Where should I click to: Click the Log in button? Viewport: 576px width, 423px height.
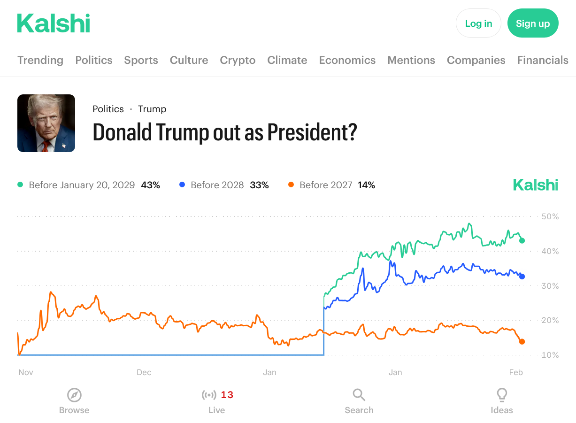pyautogui.click(x=478, y=23)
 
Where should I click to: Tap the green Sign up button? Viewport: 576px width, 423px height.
pyautogui.click(x=533, y=23)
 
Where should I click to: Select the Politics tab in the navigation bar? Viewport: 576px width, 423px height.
pyautogui.click(x=94, y=60)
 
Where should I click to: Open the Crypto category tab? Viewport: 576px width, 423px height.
pyautogui.click(x=238, y=60)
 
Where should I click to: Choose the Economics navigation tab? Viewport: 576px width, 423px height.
pyautogui.click(x=347, y=60)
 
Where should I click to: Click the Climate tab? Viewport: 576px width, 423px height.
pyautogui.click(x=287, y=60)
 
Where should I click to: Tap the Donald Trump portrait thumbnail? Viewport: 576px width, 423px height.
pyautogui.click(x=46, y=123)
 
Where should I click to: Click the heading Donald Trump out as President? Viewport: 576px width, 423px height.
pyautogui.click(x=225, y=132)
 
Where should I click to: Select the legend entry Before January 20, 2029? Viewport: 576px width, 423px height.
pyautogui.click(x=82, y=185)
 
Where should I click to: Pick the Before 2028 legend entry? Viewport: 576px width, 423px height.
pyautogui.click(x=217, y=185)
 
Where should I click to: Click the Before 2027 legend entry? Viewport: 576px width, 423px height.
pyautogui.click(x=326, y=185)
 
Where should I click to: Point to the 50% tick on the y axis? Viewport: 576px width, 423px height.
pyautogui.click(x=550, y=216)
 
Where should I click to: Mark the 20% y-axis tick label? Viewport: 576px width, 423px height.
pyautogui.click(x=550, y=321)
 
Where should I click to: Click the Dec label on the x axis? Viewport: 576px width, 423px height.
pyautogui.click(x=144, y=372)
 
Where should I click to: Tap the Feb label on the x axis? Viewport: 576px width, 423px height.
pyautogui.click(x=516, y=372)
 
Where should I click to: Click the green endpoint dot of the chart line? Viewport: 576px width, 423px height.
pyautogui.click(x=522, y=240)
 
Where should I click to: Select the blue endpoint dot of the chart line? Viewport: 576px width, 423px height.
pyautogui.click(x=522, y=277)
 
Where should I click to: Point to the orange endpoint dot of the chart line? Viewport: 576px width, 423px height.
pyautogui.click(x=522, y=342)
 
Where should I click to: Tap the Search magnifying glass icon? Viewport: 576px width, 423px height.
pyautogui.click(x=359, y=395)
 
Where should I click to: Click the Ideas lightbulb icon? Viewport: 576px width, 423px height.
pyautogui.click(x=502, y=395)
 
